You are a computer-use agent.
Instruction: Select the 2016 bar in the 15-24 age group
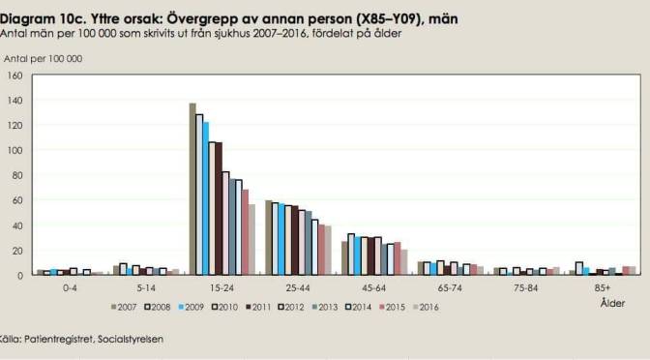click(251, 239)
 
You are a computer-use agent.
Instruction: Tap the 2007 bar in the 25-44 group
click(268, 237)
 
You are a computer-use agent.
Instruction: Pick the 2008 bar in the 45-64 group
click(351, 255)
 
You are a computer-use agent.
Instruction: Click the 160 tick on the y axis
click(15, 75)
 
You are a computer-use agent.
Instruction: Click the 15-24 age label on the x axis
click(221, 286)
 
